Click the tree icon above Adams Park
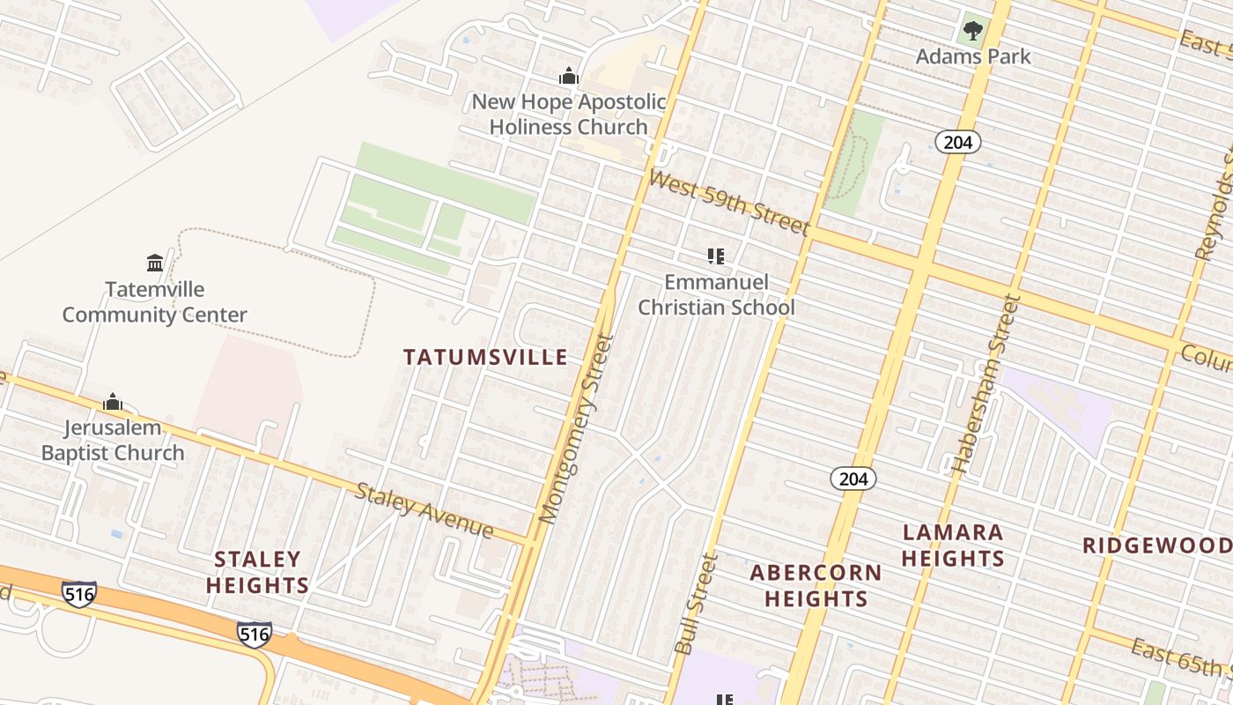click(972, 32)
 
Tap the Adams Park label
click(972, 56)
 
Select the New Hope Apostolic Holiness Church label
click(569, 114)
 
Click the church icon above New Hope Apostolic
click(569, 77)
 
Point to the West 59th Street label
click(728, 204)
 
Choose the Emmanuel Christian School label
click(716, 294)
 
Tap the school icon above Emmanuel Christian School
click(716, 257)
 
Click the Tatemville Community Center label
click(154, 301)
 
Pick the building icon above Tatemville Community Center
click(155, 263)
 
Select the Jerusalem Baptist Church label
click(113, 441)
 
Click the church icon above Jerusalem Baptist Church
click(113, 403)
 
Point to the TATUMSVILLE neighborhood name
click(485, 357)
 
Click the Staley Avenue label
click(424, 509)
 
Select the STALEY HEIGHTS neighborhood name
click(258, 572)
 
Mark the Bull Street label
click(696, 604)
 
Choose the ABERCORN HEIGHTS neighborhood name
click(816, 586)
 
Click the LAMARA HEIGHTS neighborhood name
click(953, 545)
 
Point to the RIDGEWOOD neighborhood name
click(1156, 545)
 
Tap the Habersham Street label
click(985, 386)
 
